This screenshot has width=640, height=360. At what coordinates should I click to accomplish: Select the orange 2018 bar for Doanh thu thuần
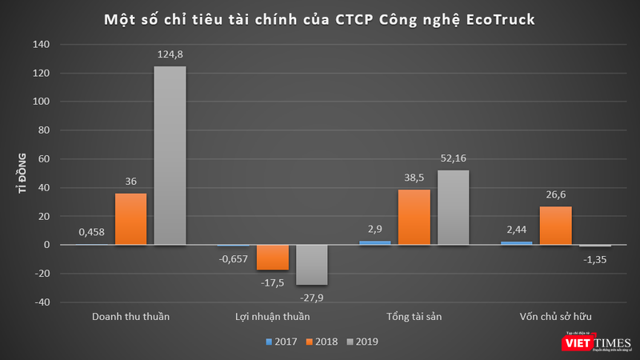click(x=130, y=218)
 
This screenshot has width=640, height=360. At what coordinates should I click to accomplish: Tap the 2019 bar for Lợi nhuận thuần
click(x=311, y=265)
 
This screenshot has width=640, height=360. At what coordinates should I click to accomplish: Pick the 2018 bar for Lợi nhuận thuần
click(x=273, y=258)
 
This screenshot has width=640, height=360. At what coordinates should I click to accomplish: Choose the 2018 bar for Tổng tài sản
click(x=414, y=217)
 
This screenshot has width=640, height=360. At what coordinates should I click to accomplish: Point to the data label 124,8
click(x=170, y=54)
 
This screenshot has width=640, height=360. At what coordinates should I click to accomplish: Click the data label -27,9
click(x=311, y=297)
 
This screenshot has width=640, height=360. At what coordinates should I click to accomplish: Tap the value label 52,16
click(x=453, y=158)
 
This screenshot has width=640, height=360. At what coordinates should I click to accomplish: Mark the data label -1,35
click(x=594, y=258)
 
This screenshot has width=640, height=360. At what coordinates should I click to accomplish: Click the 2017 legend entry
click(x=281, y=342)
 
